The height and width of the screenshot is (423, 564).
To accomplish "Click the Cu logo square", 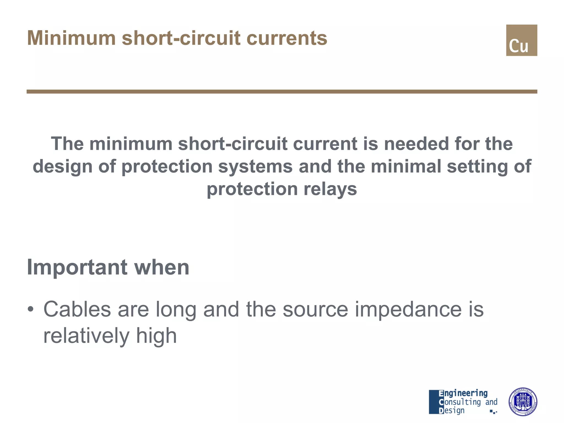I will pyautogui.click(x=521, y=40).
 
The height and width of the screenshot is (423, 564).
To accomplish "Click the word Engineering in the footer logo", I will pyautogui.click(x=463, y=393).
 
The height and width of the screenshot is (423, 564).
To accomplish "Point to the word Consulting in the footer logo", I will pyautogui.click(x=460, y=402).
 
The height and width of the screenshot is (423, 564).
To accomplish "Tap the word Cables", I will pyautogui.click(x=77, y=309).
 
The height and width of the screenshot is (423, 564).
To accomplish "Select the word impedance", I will pyautogui.click(x=408, y=309).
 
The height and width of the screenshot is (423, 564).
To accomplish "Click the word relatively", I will pyautogui.click(x=86, y=335).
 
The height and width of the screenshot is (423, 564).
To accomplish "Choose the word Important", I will pyautogui.click(x=77, y=267).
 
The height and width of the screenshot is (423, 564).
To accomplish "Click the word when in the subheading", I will pyautogui.click(x=162, y=267).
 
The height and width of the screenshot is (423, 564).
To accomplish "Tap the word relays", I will pyautogui.click(x=330, y=189).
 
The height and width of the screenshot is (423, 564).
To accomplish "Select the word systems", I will pyautogui.click(x=255, y=167).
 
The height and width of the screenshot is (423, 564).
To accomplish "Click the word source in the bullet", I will pyautogui.click(x=315, y=309).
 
